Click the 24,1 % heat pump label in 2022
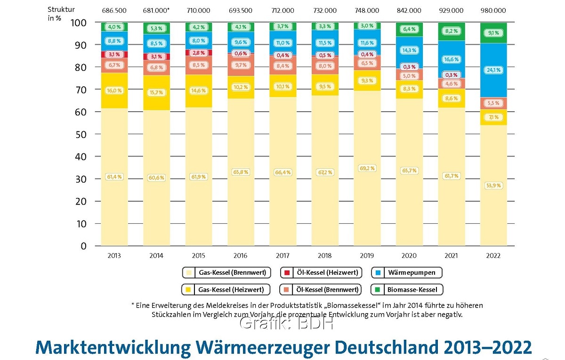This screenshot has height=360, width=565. (x=493, y=70)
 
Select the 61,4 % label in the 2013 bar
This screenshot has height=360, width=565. (x=113, y=177)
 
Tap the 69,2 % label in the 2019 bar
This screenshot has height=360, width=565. (x=366, y=168)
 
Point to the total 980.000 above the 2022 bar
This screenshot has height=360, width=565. (x=493, y=10)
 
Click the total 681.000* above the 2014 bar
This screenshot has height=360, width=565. (x=157, y=10)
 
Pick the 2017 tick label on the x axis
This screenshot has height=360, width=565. (x=282, y=256)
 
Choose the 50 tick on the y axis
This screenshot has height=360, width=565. (x=82, y=134)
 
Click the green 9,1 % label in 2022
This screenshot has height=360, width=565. (x=493, y=33)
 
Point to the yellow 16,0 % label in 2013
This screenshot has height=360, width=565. (x=113, y=90)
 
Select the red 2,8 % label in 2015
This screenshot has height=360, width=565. (x=198, y=53)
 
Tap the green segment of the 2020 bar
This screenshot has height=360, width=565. (x=409, y=29)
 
